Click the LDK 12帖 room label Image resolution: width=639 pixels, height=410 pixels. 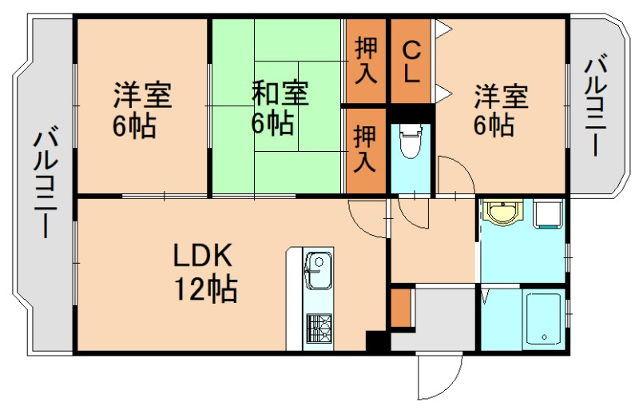(x=204, y=272)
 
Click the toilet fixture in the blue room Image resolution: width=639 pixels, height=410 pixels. (x=411, y=144)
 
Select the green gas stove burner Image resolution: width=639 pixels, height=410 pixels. (x=319, y=328)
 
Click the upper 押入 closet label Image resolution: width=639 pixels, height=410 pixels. (x=365, y=60)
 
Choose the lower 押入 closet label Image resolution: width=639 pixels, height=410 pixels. (x=365, y=149)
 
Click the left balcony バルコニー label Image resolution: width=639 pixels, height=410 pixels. (x=46, y=184)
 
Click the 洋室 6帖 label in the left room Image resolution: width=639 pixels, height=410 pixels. (x=142, y=110)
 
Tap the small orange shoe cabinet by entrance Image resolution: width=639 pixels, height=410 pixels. (x=401, y=307)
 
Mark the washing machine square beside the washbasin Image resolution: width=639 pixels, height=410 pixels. (x=548, y=213)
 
